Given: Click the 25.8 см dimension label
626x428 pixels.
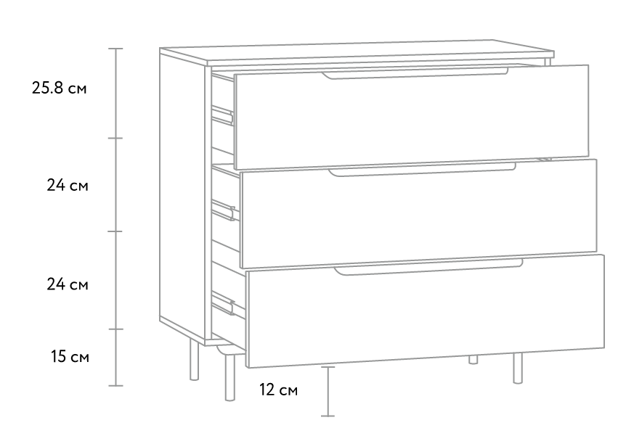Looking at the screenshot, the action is point(59,88).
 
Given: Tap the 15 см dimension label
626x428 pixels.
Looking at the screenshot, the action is point(70,356).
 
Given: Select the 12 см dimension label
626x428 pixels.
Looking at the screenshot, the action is point(279,390).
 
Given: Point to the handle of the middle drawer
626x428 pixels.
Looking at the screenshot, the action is point(422,170).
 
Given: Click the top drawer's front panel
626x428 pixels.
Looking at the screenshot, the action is point(411,117).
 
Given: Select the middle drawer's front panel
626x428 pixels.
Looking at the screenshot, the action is point(418,213).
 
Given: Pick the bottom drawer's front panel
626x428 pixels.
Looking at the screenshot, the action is point(425,311).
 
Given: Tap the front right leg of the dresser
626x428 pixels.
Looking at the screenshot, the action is point(518,369).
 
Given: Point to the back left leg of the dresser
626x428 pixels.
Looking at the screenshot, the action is point(195,361).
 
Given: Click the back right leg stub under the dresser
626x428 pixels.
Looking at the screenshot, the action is point(473,359).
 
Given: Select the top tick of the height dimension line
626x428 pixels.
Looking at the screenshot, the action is point(115,49).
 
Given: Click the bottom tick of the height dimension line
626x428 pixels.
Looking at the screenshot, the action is point(115,386).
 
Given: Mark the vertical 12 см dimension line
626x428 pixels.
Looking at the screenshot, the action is point(328,391).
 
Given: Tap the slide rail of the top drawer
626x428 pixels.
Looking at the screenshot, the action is point(222,115).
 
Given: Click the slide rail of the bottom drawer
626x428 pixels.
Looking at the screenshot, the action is point(223,303).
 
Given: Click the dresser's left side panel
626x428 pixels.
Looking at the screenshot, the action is point(183,195).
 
